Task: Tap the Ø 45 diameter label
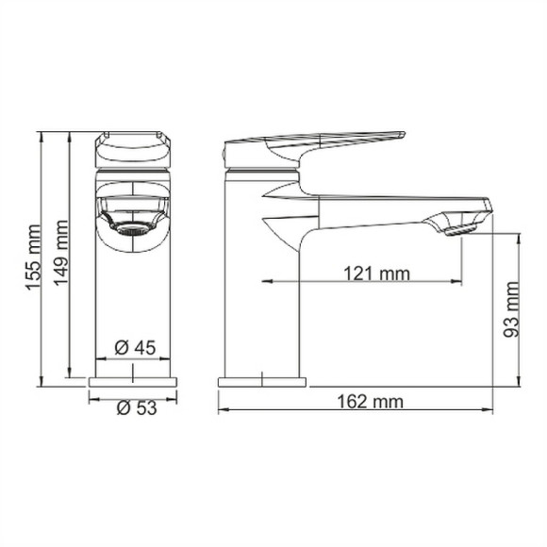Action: tap(134, 347)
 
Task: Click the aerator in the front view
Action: tap(127, 226)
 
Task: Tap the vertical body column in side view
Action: tap(262, 283)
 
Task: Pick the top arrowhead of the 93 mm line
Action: tap(519, 234)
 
